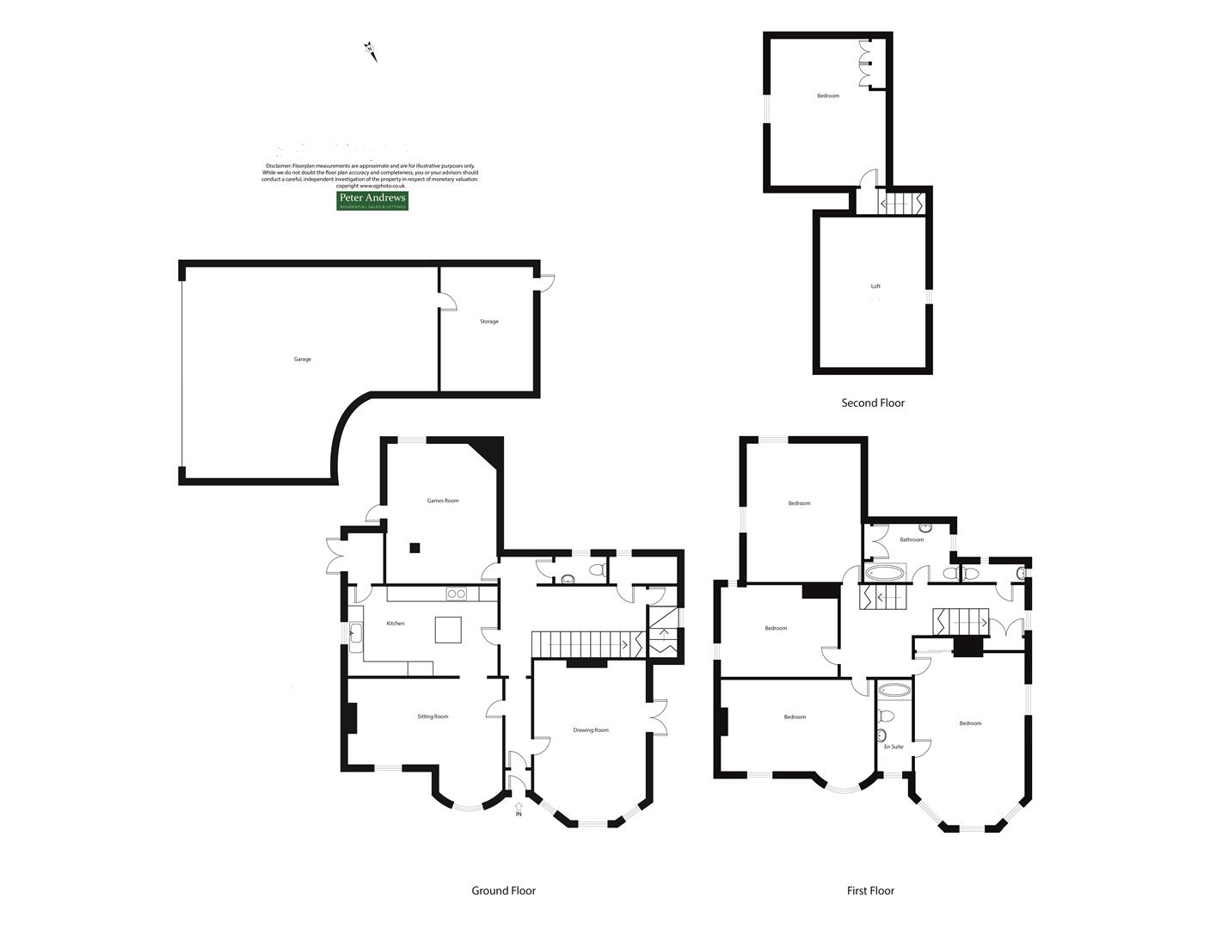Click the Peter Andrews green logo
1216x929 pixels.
coord(372,200)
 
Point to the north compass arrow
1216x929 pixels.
coord(371,51)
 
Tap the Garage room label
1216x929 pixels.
coord(303,360)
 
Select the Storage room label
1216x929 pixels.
coord(489,322)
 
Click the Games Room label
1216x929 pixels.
coord(443,501)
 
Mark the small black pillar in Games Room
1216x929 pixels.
coord(415,547)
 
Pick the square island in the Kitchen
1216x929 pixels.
coord(447,630)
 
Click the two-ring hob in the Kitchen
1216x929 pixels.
coord(456,594)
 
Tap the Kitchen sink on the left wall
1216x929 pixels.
coord(356,634)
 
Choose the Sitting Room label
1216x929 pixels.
coord(433,717)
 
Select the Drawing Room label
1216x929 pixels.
coord(591,730)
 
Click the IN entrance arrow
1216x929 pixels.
coord(518,809)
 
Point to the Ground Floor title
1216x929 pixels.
coord(503,891)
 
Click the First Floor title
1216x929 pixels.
coord(870,891)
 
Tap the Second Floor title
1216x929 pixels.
coord(873,403)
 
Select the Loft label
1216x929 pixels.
coord(875,286)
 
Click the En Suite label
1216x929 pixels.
coord(894,747)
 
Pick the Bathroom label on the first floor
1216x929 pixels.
coord(912,540)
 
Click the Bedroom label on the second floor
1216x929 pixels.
coord(828,96)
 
